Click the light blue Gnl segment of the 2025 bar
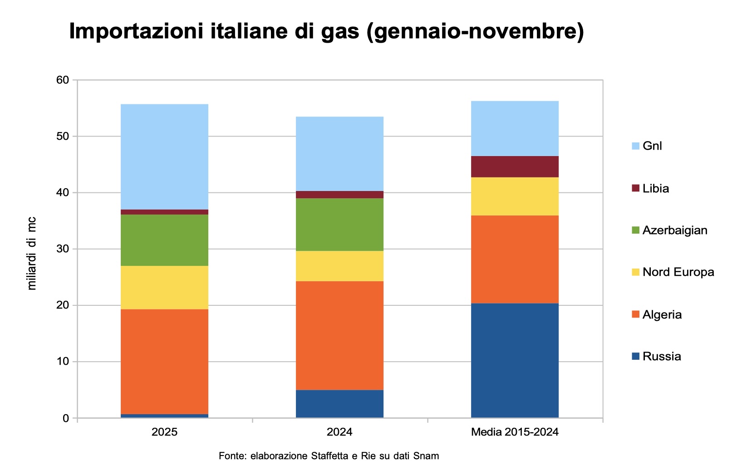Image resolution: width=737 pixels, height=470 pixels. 164,157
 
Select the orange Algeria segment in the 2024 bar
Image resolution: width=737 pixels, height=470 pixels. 339,335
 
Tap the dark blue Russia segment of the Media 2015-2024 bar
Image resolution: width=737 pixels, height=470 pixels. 515,360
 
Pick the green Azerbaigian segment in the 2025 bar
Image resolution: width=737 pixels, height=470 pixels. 164,240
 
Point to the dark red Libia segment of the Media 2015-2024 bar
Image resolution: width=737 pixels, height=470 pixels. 515,166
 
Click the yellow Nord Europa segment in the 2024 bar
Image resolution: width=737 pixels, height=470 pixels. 339,266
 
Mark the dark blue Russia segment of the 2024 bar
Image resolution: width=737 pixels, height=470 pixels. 339,403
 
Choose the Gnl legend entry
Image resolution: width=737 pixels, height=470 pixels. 652,146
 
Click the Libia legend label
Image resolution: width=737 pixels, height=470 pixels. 656,188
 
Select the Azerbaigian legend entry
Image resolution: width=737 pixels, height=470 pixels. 675,230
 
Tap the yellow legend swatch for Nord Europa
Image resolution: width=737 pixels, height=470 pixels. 635,272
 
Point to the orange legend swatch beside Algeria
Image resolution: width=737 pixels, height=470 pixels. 635,314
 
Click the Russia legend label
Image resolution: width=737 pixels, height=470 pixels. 662,356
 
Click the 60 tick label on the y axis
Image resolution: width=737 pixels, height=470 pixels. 63,80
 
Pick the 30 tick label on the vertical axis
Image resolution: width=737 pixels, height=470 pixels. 63,249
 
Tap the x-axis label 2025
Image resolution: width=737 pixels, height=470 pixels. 164,431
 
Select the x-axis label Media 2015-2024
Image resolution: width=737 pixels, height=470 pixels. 515,431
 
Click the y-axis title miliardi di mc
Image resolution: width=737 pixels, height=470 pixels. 32,253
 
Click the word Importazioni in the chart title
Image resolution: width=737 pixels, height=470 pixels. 135,32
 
